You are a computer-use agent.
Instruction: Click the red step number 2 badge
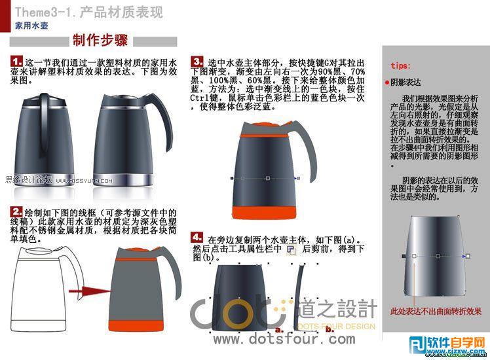[x=17, y=211]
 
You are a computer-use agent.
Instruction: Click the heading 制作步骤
[x=100, y=41]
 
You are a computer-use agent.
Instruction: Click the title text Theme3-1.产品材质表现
[x=88, y=12]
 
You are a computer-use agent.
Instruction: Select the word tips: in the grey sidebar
[x=400, y=65]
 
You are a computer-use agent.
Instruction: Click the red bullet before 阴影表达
[x=387, y=83]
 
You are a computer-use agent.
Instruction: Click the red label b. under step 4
[x=330, y=331]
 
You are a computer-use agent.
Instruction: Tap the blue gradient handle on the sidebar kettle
[x=466, y=255]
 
